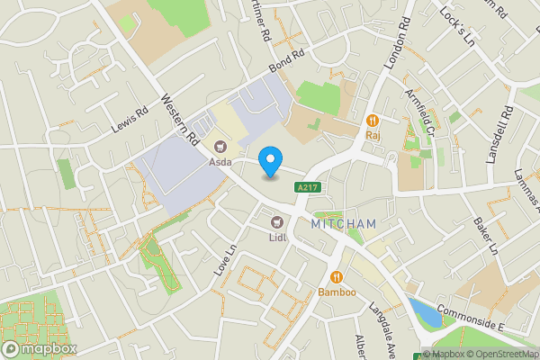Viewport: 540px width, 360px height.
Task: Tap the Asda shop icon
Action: tap(220, 147)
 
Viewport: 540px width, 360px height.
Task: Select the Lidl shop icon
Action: tap(277, 222)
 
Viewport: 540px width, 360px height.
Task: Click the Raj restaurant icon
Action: tap(371, 121)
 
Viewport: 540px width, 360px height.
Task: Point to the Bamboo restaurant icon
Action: tap(337, 277)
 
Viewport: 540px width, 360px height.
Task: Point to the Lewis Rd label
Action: tap(129, 120)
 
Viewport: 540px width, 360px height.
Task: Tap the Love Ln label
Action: tap(224, 260)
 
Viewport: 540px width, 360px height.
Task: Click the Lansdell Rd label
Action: tap(499, 135)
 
